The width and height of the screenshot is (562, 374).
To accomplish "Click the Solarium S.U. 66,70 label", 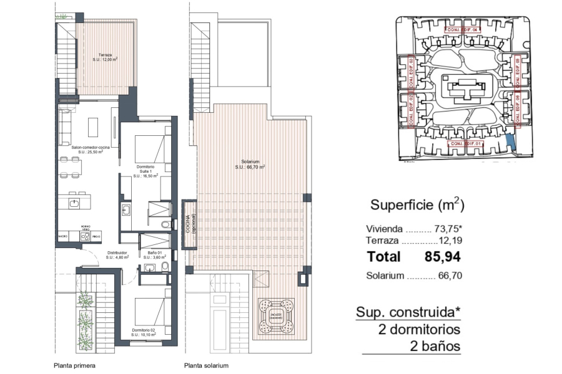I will [x=250, y=165].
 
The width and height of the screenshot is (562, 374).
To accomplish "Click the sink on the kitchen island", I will [x=74, y=203].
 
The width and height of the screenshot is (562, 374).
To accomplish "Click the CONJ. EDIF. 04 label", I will [x=463, y=29].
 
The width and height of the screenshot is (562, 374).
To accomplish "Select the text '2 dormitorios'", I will [x=419, y=329].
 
